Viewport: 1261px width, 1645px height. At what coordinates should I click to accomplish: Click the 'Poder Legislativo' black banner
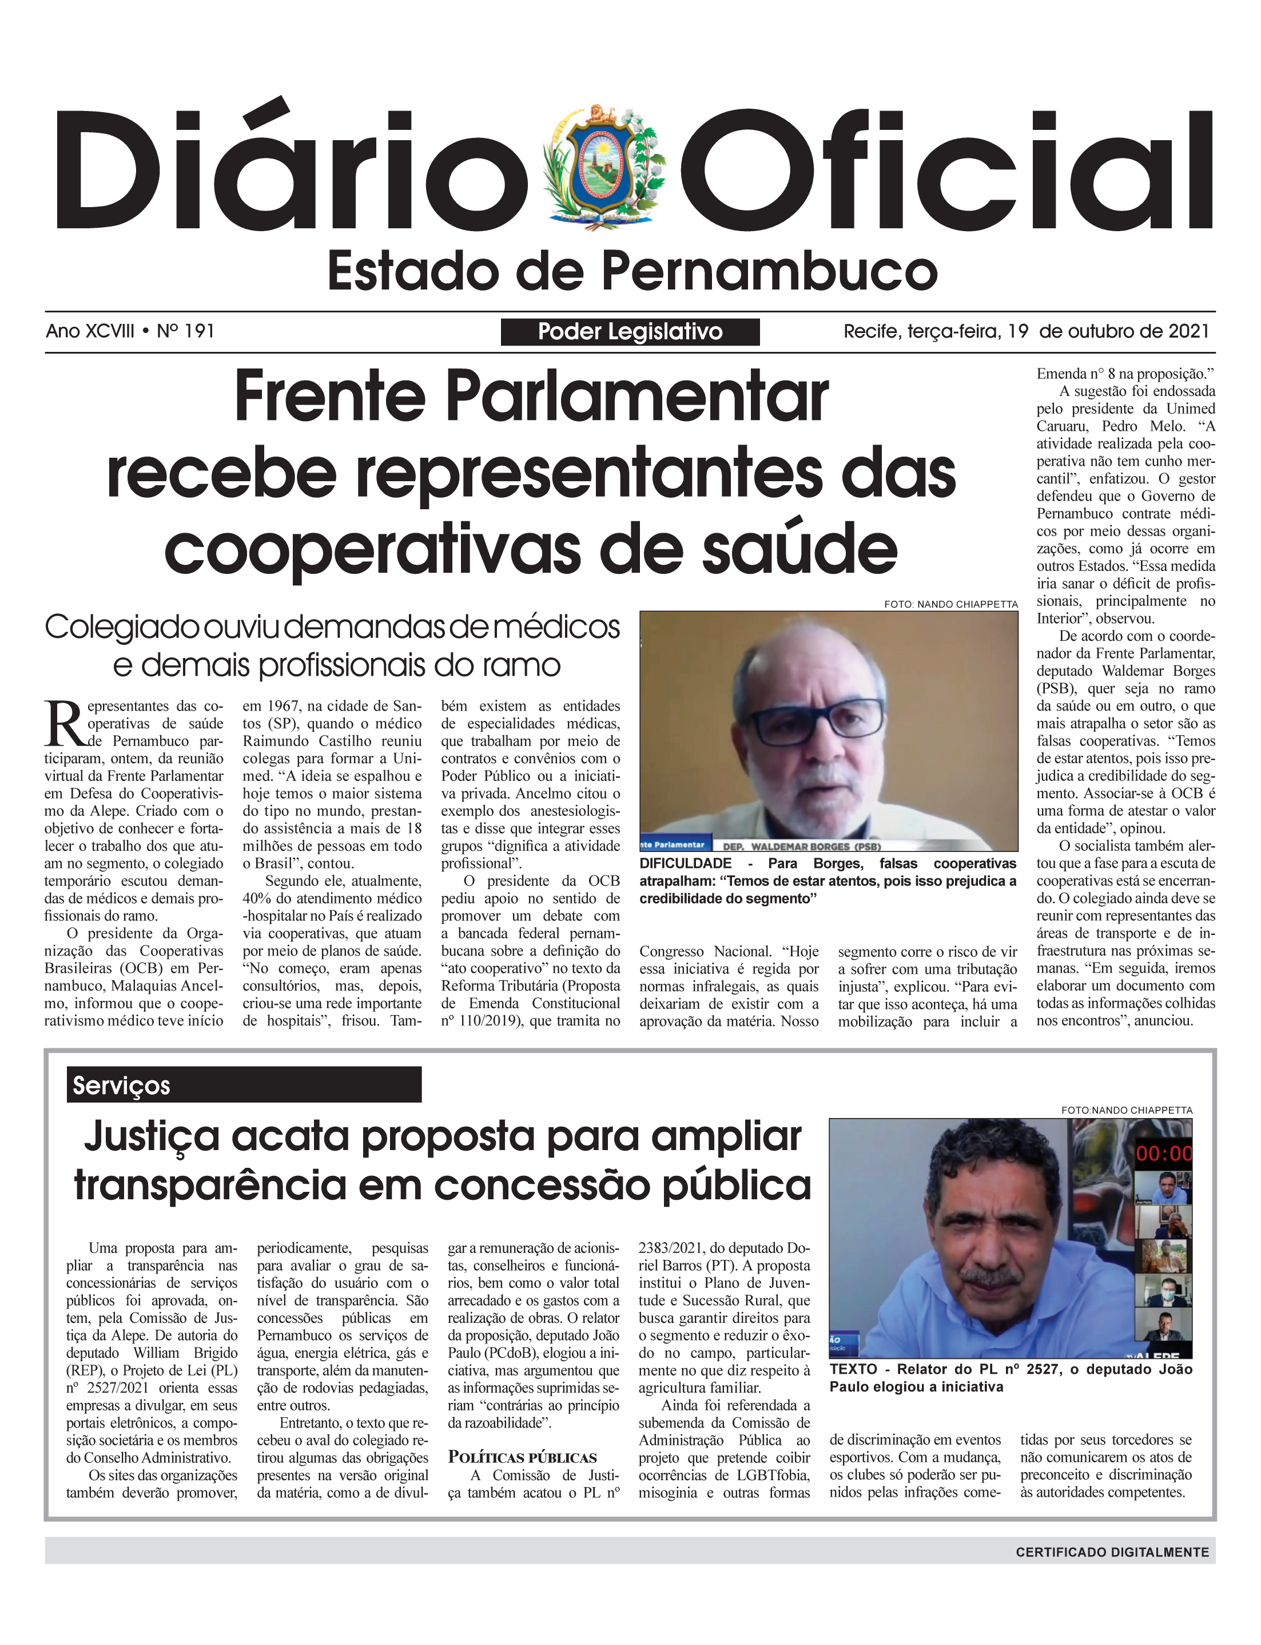coord(630,332)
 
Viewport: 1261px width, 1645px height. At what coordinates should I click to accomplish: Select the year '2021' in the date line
coord(1184,331)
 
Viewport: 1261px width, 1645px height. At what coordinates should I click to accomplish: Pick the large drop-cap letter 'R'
coord(65,724)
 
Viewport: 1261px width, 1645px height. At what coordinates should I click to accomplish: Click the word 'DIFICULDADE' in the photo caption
coord(685,863)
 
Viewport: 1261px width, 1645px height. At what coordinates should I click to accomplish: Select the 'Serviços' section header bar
coord(244,1085)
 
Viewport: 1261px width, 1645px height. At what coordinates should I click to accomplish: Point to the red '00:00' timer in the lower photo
coord(1163,1154)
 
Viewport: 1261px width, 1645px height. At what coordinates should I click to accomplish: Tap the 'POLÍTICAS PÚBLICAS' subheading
coord(523,1458)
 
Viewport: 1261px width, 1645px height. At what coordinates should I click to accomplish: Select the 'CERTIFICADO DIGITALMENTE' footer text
coord(1112,1552)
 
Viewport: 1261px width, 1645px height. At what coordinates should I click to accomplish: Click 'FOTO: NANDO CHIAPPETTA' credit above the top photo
coord(950,604)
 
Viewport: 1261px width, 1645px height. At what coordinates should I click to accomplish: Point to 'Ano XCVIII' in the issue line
coord(90,331)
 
